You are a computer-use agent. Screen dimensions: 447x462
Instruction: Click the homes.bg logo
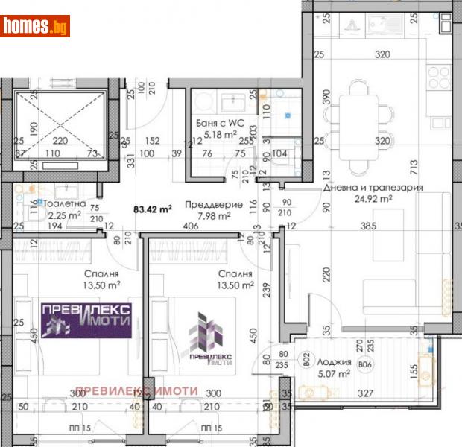click(x=36, y=26)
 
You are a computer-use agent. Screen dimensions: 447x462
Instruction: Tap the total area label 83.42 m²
click(x=152, y=210)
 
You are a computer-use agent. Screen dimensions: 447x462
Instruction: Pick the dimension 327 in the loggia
click(x=364, y=393)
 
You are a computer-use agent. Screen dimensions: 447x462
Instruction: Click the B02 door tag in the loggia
click(x=306, y=363)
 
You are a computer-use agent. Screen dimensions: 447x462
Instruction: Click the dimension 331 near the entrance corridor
click(x=130, y=158)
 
